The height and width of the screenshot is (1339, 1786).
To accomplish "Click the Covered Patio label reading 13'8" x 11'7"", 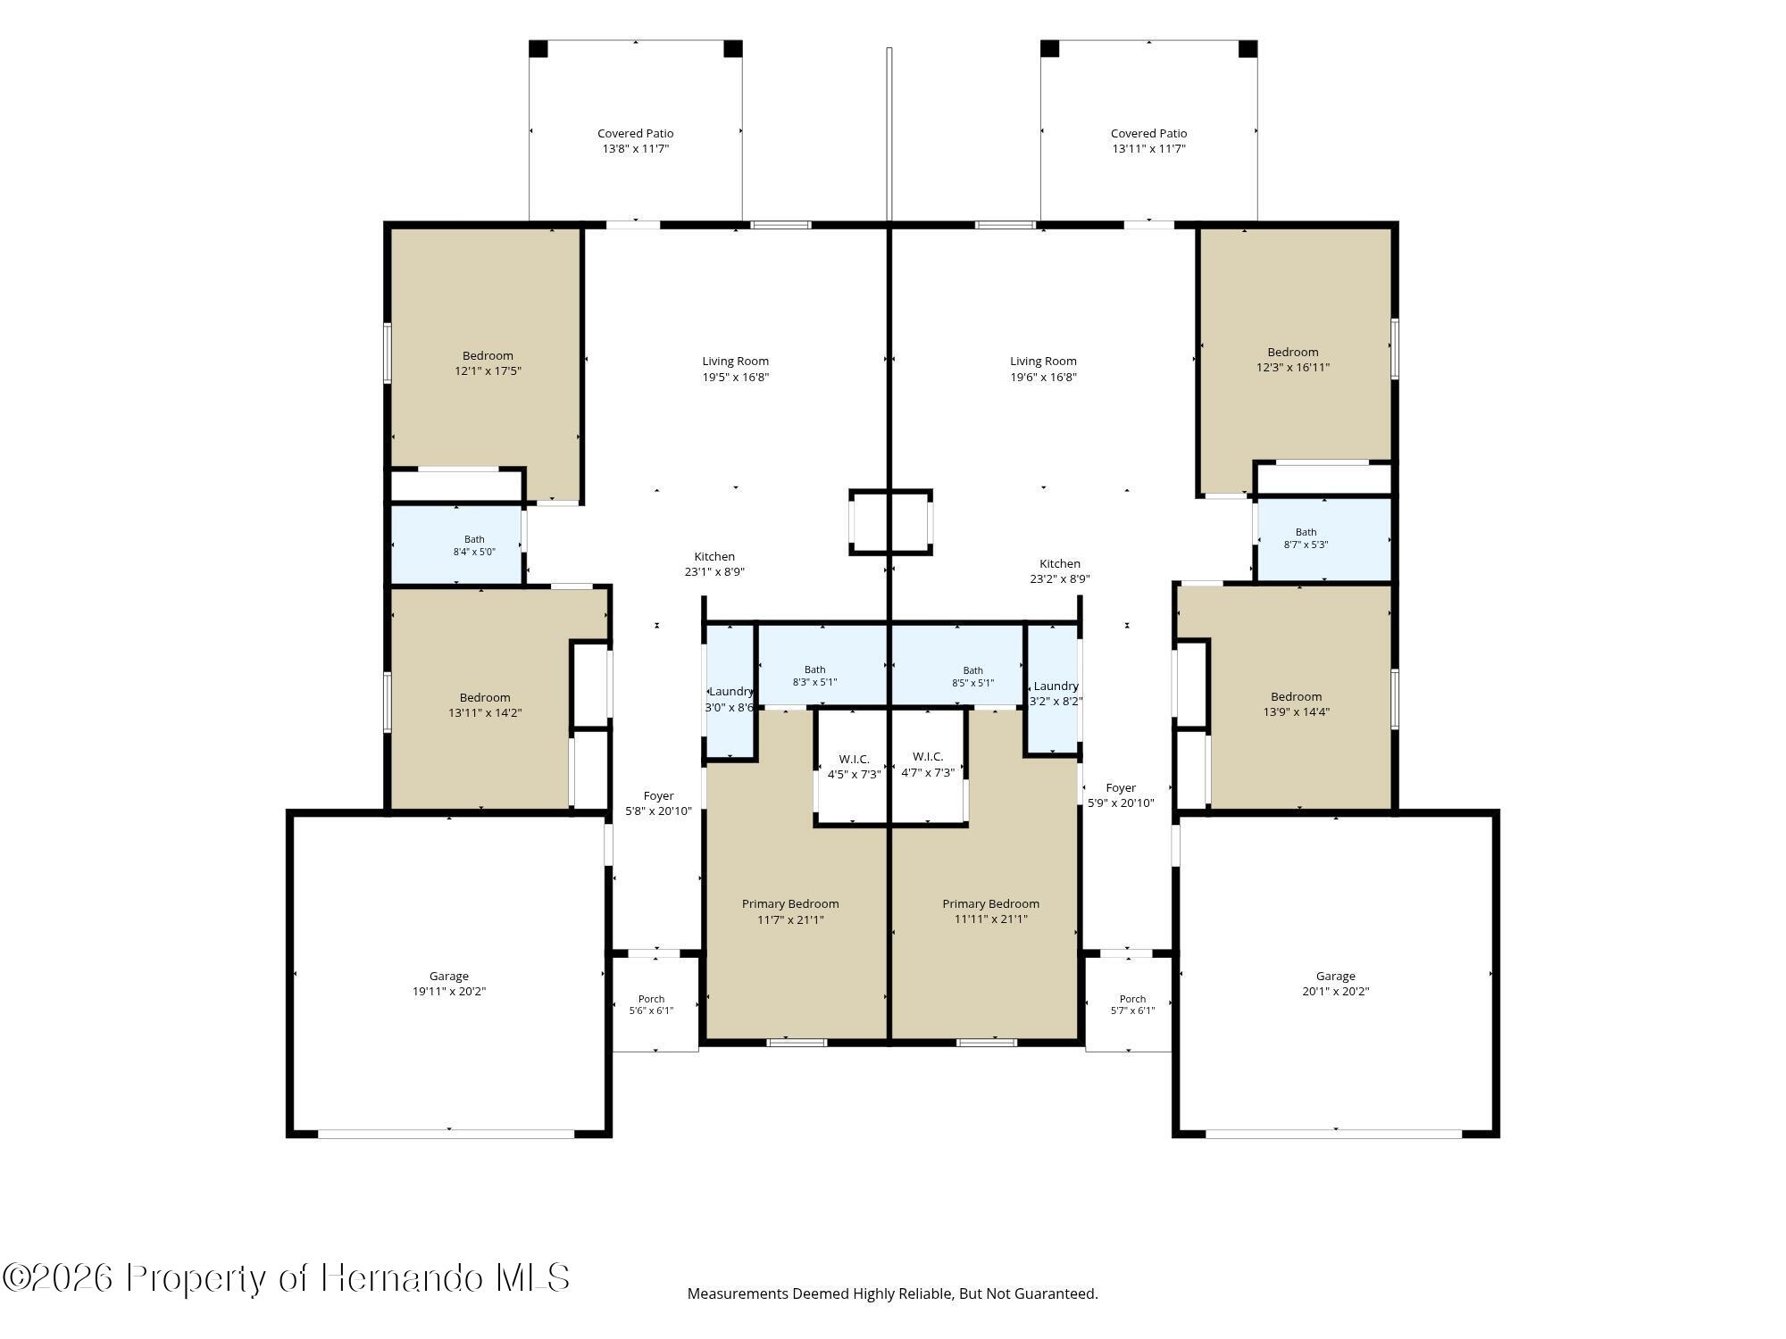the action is [635, 141].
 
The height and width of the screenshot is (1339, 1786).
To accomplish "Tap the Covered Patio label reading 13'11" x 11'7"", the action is [1148, 141].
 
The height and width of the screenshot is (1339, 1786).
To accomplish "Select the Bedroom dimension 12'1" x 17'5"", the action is [488, 370].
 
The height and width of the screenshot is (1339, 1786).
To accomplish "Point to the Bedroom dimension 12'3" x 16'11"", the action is [1292, 367].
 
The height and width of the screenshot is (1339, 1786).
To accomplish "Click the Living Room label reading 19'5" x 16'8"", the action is [735, 369].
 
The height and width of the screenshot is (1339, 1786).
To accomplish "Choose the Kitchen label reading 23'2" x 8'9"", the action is [1060, 571].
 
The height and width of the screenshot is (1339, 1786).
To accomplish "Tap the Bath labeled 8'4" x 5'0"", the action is [474, 545].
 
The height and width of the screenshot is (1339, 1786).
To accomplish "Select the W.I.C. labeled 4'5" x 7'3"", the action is [854, 767].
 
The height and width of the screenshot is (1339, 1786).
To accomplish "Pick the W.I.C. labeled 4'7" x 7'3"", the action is [928, 765].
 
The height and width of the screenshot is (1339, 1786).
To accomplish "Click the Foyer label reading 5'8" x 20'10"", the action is [658, 803].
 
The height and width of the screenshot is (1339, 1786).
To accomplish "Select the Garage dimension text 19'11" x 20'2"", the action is [448, 991].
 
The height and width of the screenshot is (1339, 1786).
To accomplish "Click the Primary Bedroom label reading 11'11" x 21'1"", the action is [990, 911].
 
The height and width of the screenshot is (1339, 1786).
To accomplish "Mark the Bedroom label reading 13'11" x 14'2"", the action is [485, 705].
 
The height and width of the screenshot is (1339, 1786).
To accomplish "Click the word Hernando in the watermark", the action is [403, 1277].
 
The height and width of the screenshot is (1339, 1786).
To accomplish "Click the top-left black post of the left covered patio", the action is [538, 48].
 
